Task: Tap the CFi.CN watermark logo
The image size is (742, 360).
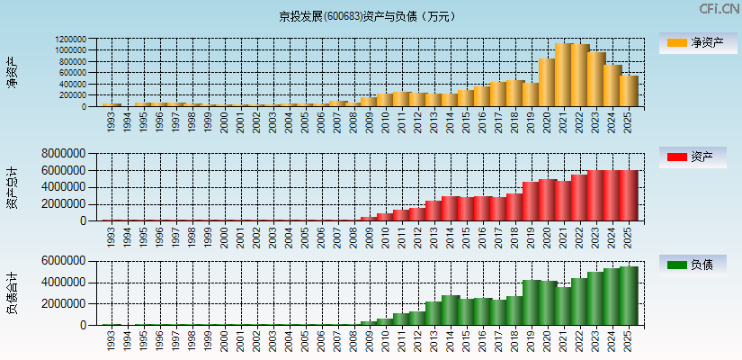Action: (720, 9)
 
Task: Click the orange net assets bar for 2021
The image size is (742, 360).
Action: (564, 75)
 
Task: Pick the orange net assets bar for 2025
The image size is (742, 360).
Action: (629, 91)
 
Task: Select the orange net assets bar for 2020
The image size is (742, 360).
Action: (548, 83)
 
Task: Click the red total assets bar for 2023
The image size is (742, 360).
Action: (596, 195)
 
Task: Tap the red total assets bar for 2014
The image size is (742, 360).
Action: (451, 208)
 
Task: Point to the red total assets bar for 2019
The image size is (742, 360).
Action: (532, 201)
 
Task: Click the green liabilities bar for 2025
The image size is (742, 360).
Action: (629, 295)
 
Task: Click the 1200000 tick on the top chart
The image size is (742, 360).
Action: (70, 40)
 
